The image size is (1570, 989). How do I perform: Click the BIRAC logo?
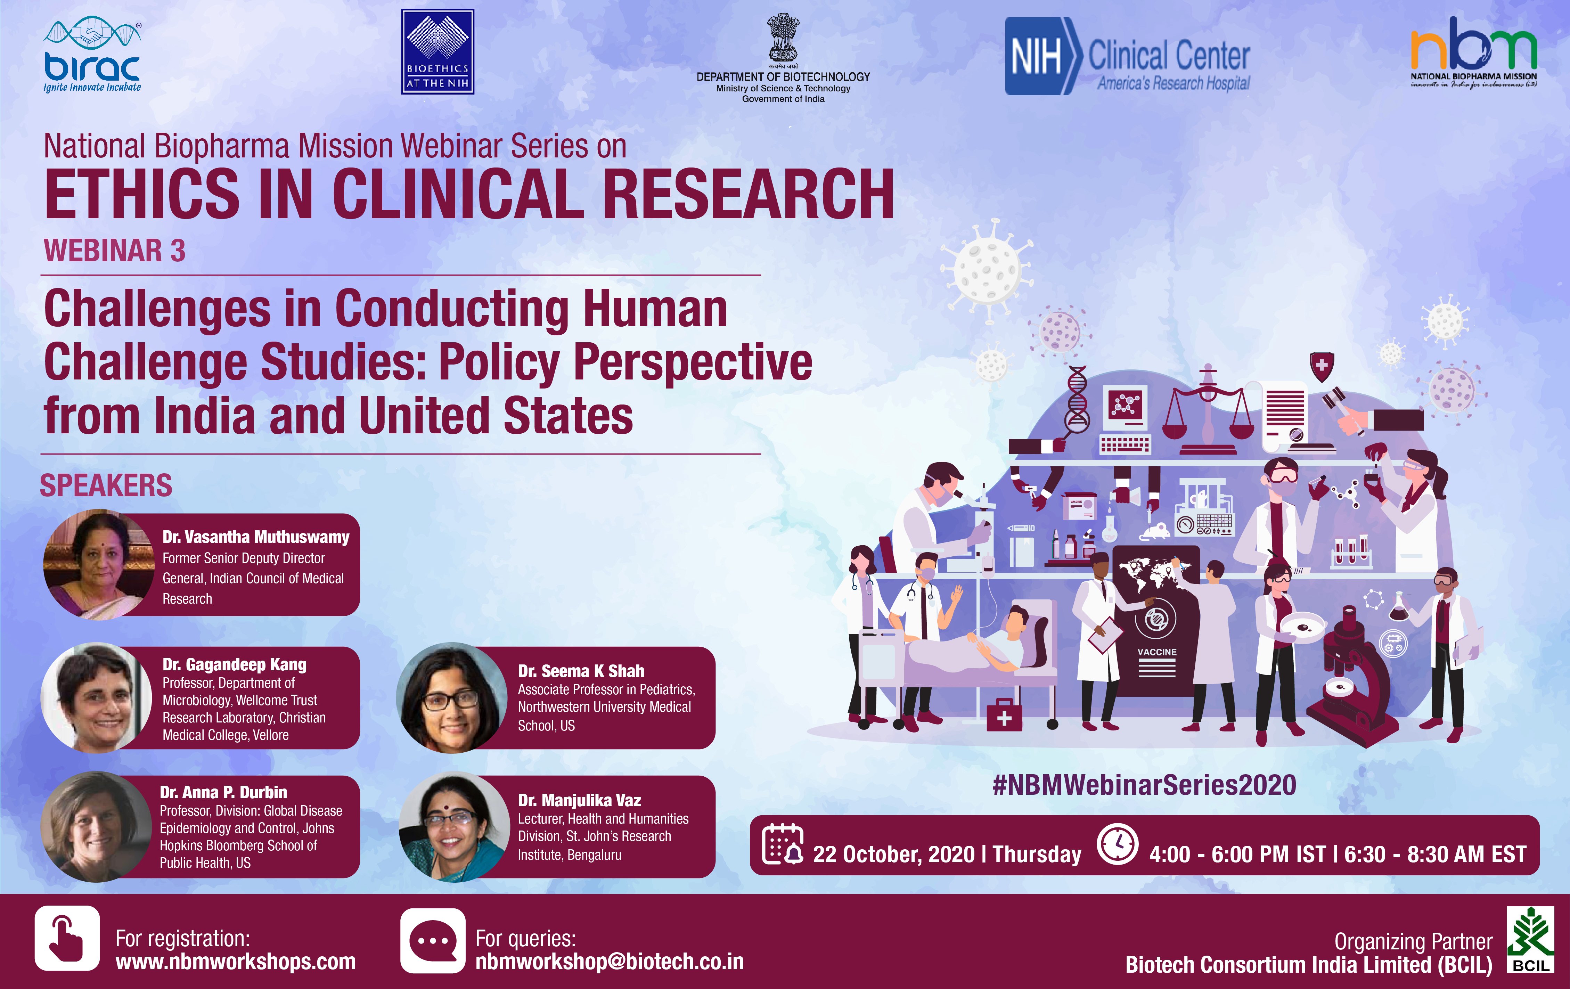click(92, 55)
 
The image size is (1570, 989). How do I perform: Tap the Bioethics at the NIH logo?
click(437, 51)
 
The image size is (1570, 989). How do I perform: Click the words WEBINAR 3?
click(115, 251)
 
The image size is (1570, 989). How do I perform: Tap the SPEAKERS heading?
click(106, 486)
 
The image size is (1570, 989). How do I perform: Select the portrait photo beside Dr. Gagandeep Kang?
click(97, 697)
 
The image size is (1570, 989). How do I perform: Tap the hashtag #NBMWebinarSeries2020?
click(1144, 785)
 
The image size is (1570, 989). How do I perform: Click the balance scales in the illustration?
click(1208, 411)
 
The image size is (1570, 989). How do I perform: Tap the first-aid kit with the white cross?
click(1004, 714)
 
